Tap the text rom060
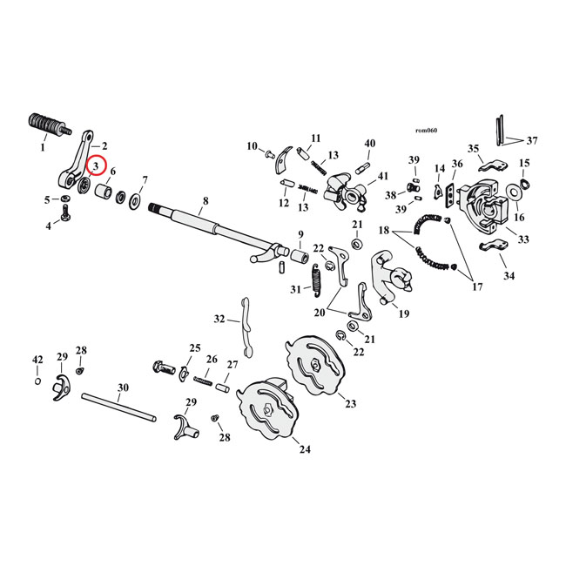click(x=426, y=131)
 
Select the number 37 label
click(x=532, y=139)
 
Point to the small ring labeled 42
click(x=37, y=381)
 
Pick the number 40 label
click(x=369, y=144)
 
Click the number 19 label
click(x=403, y=313)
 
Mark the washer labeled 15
click(x=523, y=187)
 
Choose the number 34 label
click(x=509, y=277)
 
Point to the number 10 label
click(x=252, y=145)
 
